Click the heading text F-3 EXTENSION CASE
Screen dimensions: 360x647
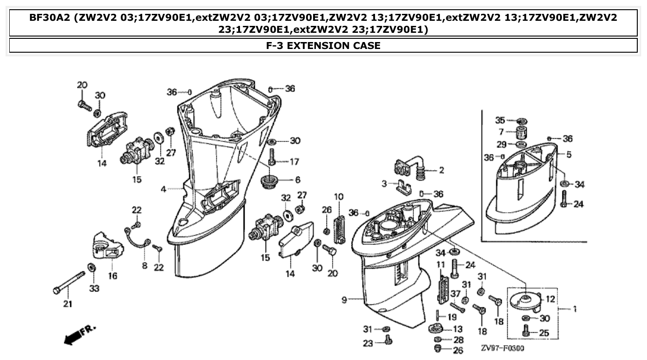coord(323,46)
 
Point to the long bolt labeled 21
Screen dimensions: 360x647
coord(69,282)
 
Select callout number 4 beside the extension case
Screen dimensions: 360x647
coord(163,189)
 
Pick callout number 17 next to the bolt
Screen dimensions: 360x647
coord(294,162)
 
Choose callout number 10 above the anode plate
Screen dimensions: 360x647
coord(339,196)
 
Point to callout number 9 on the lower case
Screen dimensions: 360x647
coord(344,300)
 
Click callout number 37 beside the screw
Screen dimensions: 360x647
coord(455,294)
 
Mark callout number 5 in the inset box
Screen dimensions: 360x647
coord(568,154)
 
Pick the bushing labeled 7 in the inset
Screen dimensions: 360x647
coord(522,133)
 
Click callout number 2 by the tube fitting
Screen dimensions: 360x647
coord(441,171)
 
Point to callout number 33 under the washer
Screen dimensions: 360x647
coord(94,289)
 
